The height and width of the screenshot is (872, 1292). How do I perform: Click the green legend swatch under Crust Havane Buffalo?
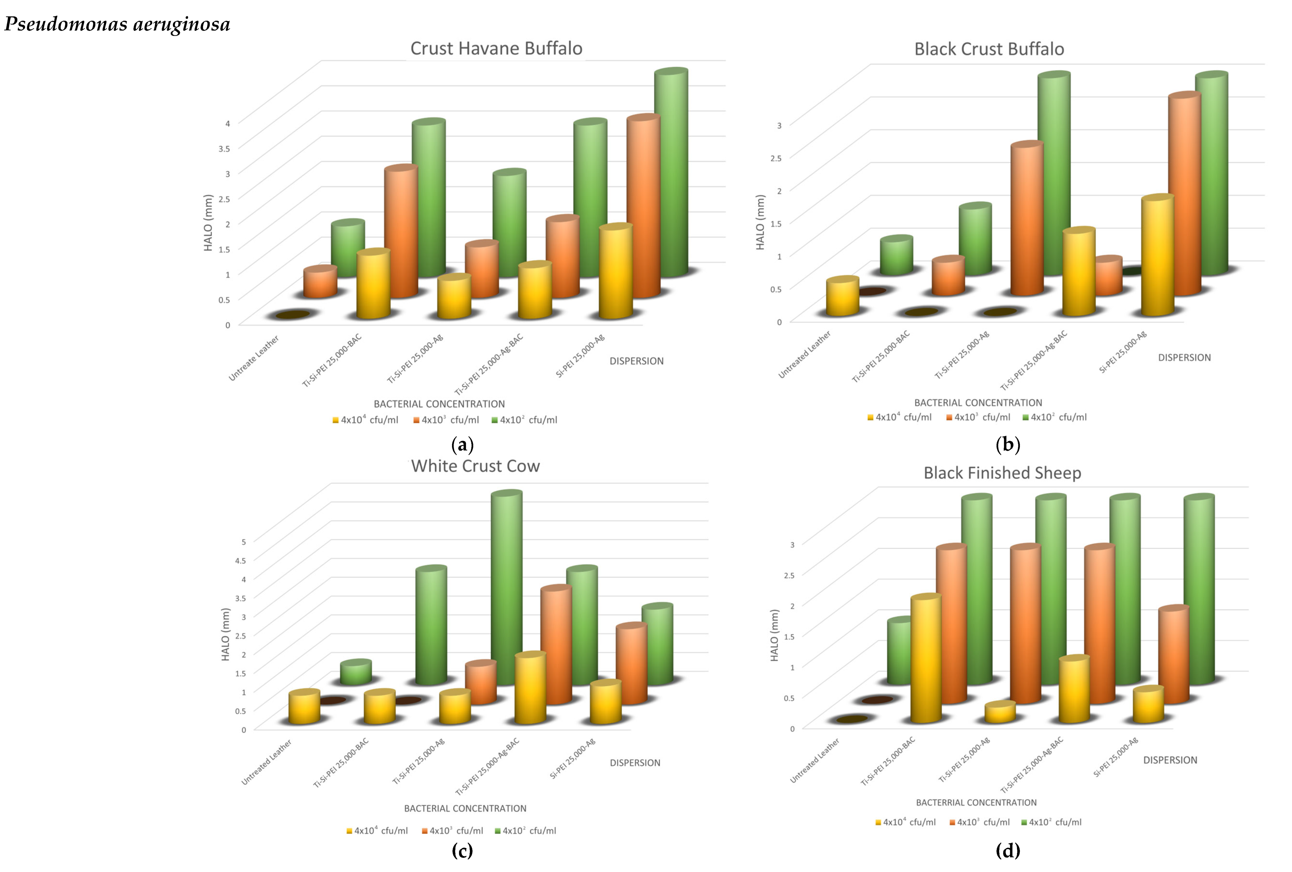click(494, 420)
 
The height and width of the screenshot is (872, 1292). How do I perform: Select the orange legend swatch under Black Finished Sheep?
click(952, 823)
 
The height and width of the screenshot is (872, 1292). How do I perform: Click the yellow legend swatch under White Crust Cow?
click(349, 831)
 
